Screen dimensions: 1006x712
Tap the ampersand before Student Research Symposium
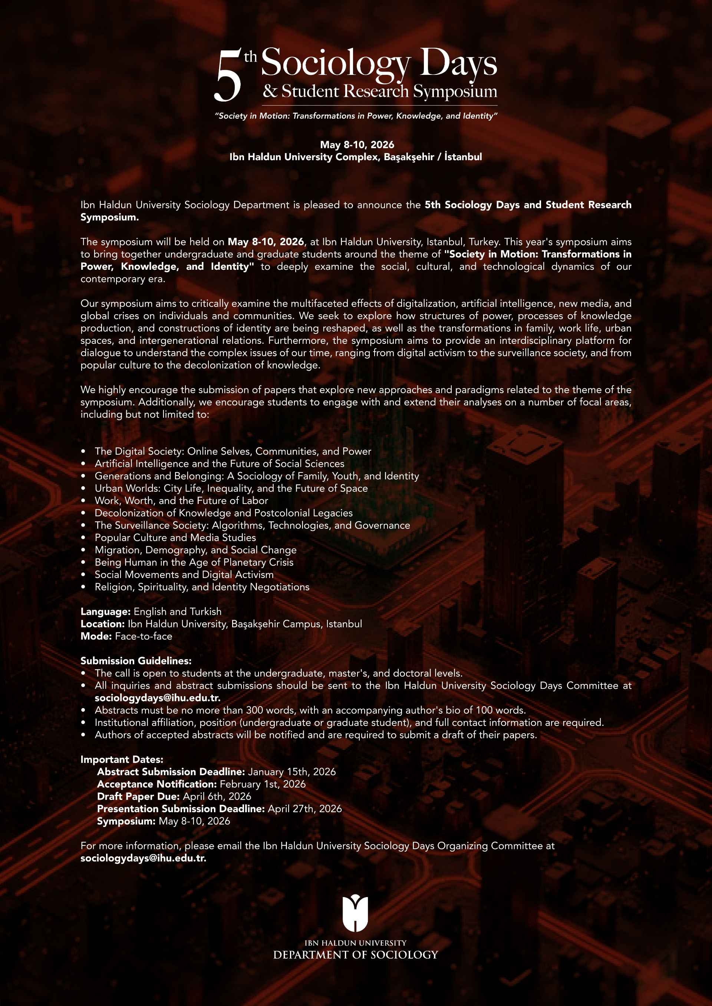(270, 91)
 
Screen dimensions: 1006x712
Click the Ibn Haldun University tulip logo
(355, 913)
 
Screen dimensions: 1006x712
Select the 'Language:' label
(105, 611)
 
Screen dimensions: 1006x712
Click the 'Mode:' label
(96, 636)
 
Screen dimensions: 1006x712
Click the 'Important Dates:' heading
(121, 759)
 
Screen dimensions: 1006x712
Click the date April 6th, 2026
(217, 796)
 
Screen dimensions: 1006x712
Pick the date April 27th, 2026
(305, 809)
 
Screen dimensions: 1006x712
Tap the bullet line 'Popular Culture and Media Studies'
(175, 538)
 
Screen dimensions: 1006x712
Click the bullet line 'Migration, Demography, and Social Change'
(195, 550)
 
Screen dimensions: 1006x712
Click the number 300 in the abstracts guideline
(254, 710)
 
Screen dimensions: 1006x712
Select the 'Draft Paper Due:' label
(138, 796)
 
